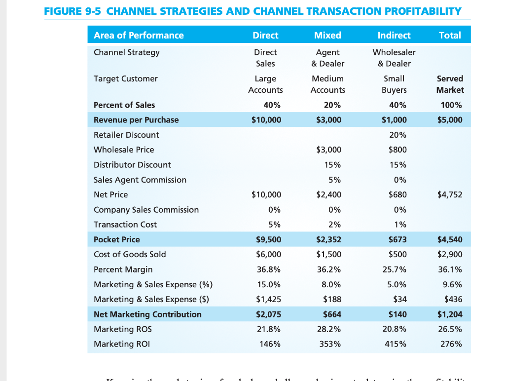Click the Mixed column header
pyautogui.click(x=327, y=35)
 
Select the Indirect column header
pyautogui.click(x=394, y=35)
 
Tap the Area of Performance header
pyautogui.click(x=139, y=35)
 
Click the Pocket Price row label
pyautogui.click(x=117, y=239)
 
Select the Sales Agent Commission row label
pyautogui.click(x=140, y=180)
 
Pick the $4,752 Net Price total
pyautogui.click(x=449, y=194)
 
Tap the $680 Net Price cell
pyautogui.click(x=397, y=194)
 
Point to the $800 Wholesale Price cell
pyautogui.click(x=397, y=150)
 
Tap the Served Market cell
pyautogui.click(x=450, y=84)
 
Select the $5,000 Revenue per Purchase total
pyautogui.click(x=449, y=119)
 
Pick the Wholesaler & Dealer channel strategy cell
pyautogui.click(x=394, y=58)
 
